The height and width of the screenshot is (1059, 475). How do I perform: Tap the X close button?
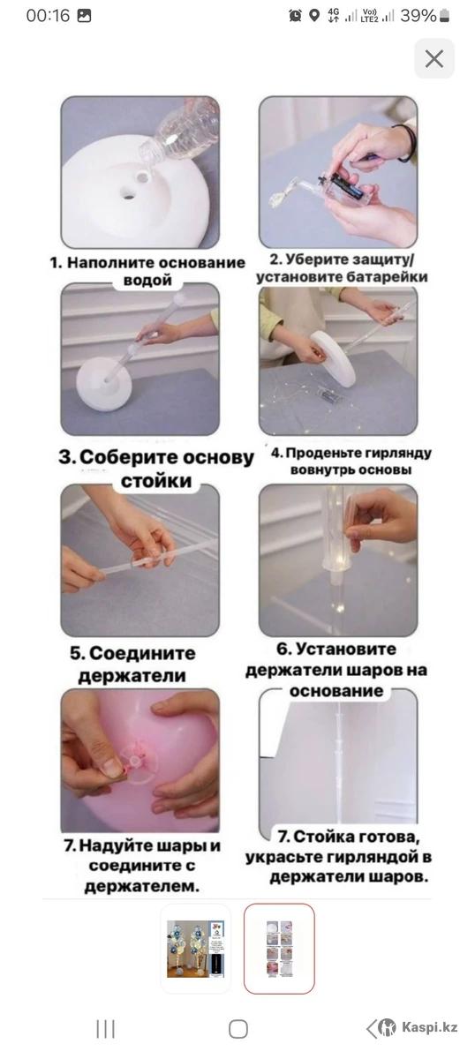(x=434, y=59)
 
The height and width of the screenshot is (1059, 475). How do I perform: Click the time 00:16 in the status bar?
(x=48, y=16)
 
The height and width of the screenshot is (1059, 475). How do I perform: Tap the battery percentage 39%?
(x=418, y=16)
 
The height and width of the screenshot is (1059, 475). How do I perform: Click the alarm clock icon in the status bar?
(x=295, y=16)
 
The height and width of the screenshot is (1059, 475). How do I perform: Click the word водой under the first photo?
(x=147, y=281)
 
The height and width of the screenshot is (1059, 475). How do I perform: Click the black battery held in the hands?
(x=348, y=186)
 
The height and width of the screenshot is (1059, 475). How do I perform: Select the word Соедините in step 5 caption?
(x=142, y=653)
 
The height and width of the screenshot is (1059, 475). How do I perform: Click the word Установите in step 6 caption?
(x=343, y=650)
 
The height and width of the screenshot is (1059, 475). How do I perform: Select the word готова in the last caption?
(x=388, y=837)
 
